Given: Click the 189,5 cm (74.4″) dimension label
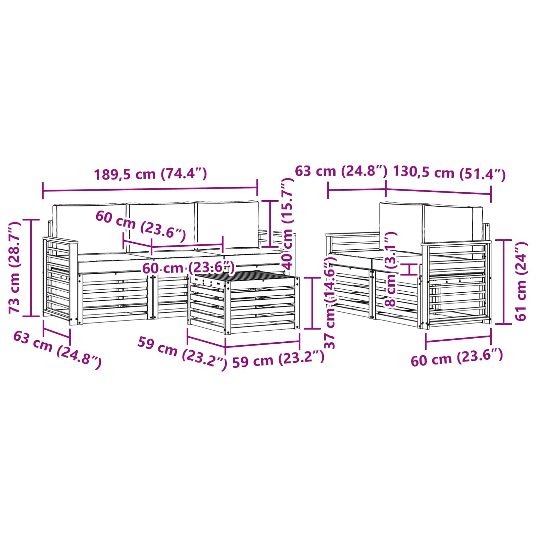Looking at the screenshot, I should tap(150, 174).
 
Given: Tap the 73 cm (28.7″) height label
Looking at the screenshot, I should tap(15, 267).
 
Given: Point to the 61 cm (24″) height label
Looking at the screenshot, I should tap(521, 281).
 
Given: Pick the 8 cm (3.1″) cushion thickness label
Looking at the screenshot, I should tap(391, 270).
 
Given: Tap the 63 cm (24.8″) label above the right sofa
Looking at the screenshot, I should tap(341, 171).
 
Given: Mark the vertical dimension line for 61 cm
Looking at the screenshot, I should tap(503, 282).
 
